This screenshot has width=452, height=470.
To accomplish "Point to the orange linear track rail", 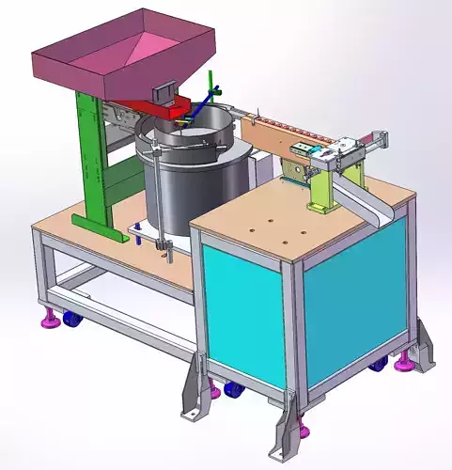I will click(282, 132).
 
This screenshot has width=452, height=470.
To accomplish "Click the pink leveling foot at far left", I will click(47, 323).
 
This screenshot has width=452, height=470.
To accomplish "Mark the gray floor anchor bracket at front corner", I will click(286, 428).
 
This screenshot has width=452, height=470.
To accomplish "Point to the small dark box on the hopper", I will click(164, 92).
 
